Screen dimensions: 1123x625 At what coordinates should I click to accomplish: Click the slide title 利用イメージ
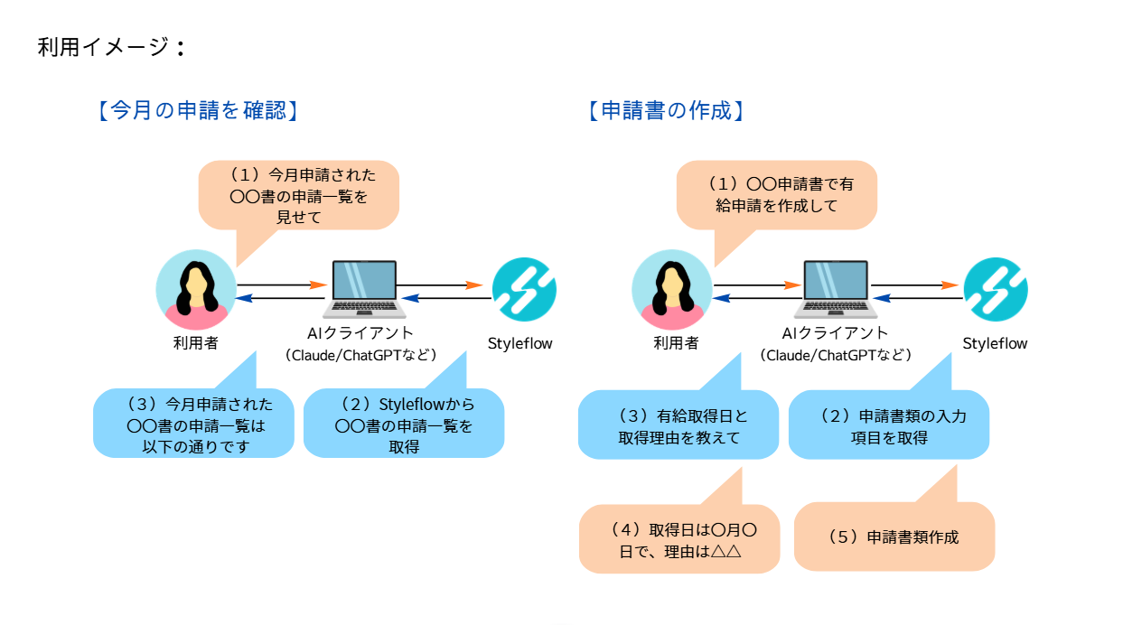(x=111, y=48)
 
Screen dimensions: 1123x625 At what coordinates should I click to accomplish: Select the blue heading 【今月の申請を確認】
(x=198, y=110)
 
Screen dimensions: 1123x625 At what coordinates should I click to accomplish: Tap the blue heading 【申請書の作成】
(x=666, y=110)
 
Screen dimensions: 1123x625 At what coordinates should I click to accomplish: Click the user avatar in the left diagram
(x=196, y=290)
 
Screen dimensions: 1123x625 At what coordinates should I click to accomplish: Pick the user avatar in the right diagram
(x=672, y=290)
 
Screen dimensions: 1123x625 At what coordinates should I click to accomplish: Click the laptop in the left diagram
(x=364, y=289)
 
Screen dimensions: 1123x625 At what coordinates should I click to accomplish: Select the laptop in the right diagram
(x=836, y=289)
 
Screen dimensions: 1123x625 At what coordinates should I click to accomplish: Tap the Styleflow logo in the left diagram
(x=524, y=289)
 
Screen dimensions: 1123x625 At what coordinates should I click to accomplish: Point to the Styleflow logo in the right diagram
(x=996, y=289)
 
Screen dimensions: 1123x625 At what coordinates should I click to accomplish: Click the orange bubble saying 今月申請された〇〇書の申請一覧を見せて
(x=299, y=195)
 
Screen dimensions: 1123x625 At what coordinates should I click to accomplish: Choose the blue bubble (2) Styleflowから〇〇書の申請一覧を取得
(x=404, y=424)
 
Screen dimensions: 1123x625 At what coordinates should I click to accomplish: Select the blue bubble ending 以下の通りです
(x=193, y=424)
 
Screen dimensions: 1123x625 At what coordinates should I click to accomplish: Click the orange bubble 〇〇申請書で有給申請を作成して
(x=777, y=195)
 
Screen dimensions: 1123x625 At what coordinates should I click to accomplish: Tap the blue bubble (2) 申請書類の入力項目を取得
(x=889, y=425)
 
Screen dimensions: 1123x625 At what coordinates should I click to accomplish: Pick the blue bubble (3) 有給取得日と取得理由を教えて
(x=678, y=425)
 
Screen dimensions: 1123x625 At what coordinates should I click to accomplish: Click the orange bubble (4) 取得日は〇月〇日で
(x=679, y=539)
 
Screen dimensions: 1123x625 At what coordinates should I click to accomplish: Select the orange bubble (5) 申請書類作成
(x=894, y=536)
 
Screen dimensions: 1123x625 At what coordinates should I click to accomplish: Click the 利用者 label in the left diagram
(x=196, y=343)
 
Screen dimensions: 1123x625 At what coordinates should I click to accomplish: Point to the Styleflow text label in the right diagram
(x=995, y=343)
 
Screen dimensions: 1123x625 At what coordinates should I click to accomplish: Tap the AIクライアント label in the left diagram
(x=360, y=333)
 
